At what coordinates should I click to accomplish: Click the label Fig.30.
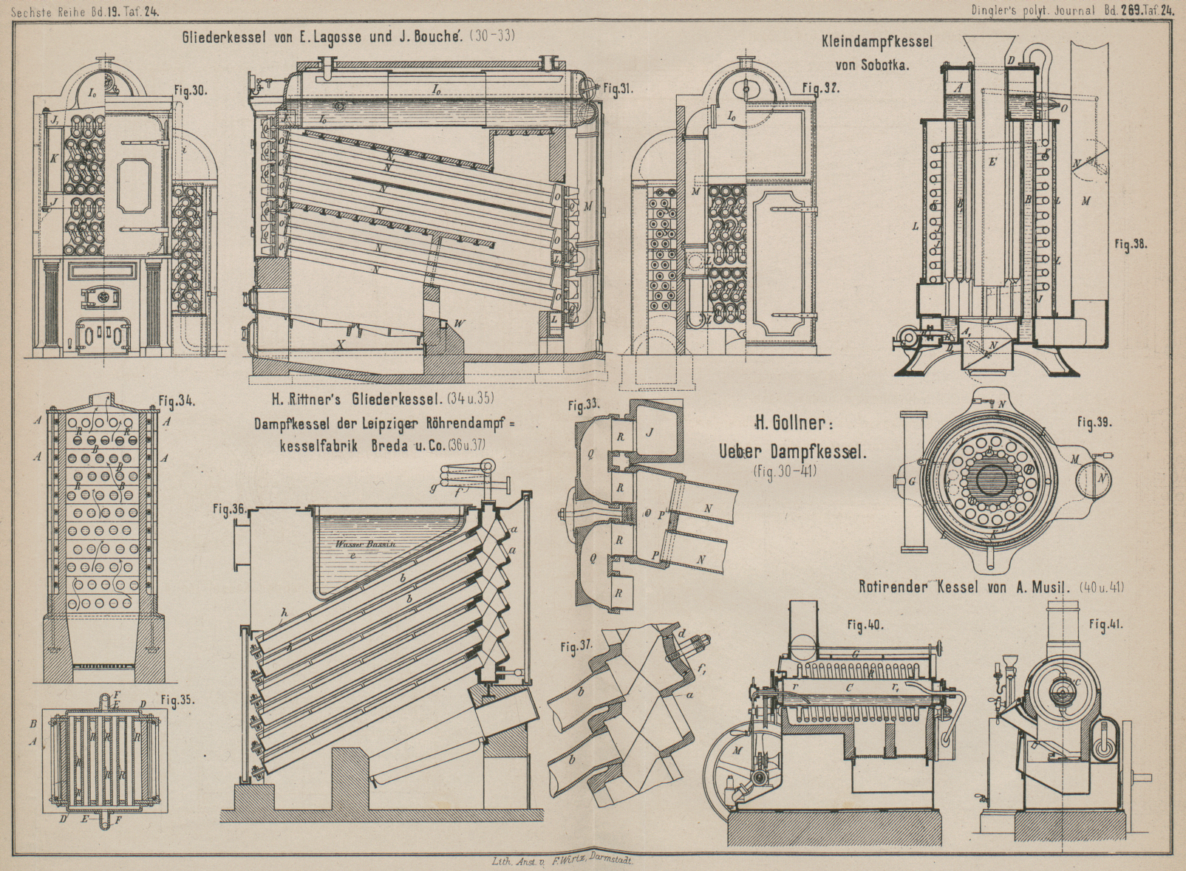[x=191, y=92]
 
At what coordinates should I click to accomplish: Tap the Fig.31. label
[x=618, y=89]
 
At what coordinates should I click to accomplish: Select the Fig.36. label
[x=228, y=509]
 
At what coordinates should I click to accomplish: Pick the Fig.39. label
[x=1095, y=422]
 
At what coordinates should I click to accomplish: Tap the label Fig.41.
[x=1106, y=624]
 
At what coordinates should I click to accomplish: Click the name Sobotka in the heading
[x=885, y=64]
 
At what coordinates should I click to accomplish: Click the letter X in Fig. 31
[x=340, y=344]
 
